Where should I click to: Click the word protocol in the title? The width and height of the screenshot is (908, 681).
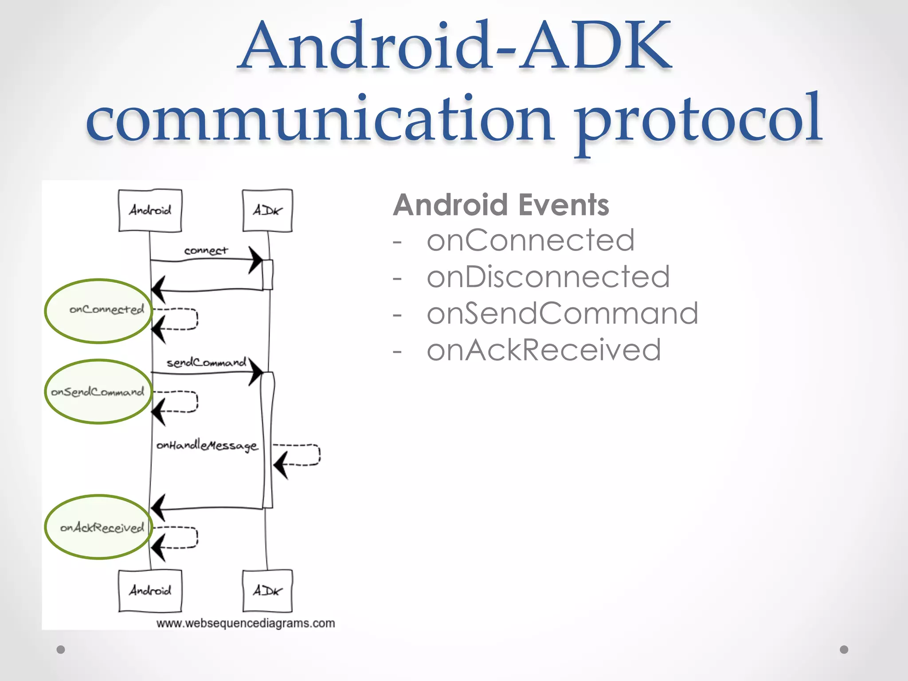tap(698, 120)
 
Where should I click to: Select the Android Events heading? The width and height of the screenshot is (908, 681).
tap(501, 205)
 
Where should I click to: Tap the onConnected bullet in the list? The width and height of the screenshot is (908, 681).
tap(530, 240)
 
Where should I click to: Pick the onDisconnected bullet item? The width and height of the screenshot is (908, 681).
tap(548, 277)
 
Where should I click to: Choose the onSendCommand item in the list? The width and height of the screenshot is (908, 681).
tap(562, 313)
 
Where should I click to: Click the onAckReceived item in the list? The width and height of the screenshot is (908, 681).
tap(544, 350)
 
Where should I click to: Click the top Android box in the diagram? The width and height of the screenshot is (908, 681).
tap(150, 210)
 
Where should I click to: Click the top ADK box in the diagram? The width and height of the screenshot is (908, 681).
tap(267, 210)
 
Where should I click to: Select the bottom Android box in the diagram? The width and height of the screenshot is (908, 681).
tap(150, 591)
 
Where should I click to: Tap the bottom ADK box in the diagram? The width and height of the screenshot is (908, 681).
tap(267, 591)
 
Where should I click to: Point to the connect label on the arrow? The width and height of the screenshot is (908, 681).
tap(206, 250)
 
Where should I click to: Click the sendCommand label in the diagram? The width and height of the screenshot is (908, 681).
tap(206, 363)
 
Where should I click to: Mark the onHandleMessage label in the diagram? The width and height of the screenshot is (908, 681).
tap(207, 445)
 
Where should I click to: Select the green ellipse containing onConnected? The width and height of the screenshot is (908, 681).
tap(98, 311)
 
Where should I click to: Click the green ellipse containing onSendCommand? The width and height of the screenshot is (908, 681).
tap(98, 392)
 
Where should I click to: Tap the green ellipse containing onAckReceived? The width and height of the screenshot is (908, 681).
tap(98, 527)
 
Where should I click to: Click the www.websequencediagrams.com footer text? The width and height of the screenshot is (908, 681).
tap(246, 623)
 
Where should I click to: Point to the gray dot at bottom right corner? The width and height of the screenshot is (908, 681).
tap(844, 650)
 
